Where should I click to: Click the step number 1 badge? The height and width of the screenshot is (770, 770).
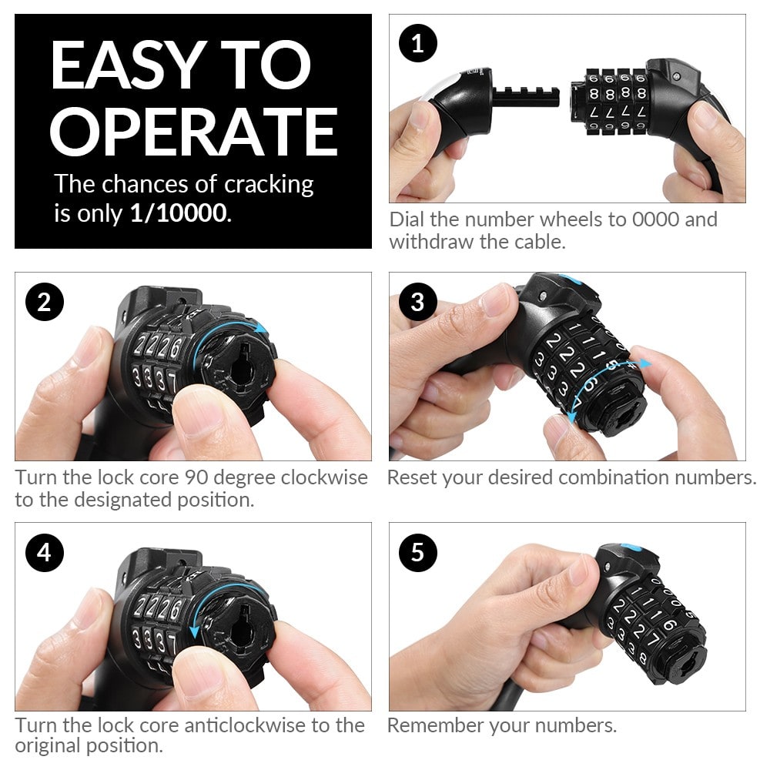pos(418,44)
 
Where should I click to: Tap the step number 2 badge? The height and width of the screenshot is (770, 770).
pos(44,302)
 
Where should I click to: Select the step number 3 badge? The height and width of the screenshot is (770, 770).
pos(418,302)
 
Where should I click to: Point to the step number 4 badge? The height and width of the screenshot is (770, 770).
pos(44,552)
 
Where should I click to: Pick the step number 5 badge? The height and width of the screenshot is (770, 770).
pos(418,552)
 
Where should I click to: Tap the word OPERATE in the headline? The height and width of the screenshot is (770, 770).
pos(194,132)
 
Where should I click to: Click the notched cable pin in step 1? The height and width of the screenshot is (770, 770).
pos(526,97)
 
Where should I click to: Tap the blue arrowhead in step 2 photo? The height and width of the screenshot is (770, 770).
pos(261,327)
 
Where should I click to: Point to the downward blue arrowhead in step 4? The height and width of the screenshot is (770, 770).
pos(195,631)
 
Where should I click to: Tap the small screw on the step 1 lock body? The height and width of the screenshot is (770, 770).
pos(677,76)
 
